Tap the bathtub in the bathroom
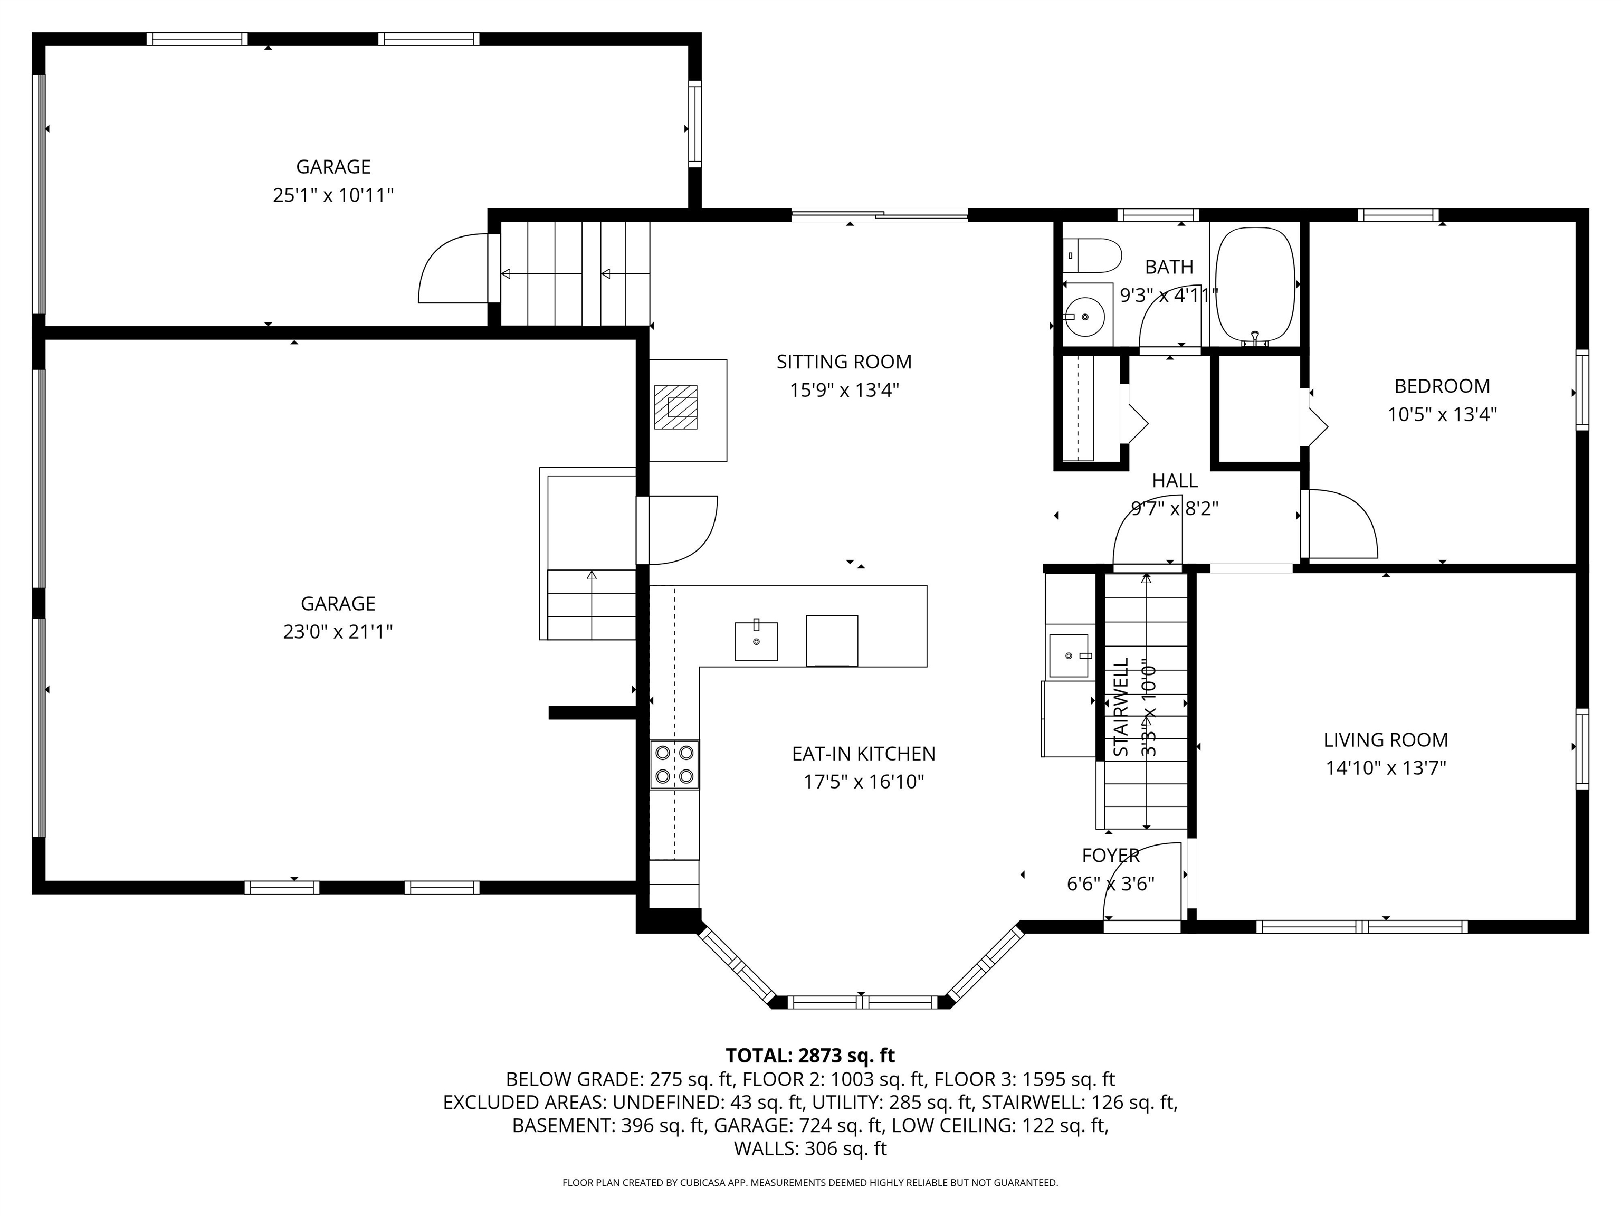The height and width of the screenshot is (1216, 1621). [1255, 284]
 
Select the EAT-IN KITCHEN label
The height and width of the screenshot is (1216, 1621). [863, 754]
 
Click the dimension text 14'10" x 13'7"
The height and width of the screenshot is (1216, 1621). [1385, 768]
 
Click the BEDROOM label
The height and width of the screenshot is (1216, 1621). [1442, 386]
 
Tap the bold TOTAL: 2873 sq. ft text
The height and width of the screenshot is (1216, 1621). [810, 1056]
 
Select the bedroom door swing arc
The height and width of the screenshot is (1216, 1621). [1341, 524]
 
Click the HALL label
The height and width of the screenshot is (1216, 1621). [1175, 480]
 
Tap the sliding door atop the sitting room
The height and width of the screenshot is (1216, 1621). [880, 215]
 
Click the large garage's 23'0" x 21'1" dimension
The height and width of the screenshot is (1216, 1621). [338, 632]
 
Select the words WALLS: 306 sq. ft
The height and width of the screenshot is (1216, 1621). [810, 1148]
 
